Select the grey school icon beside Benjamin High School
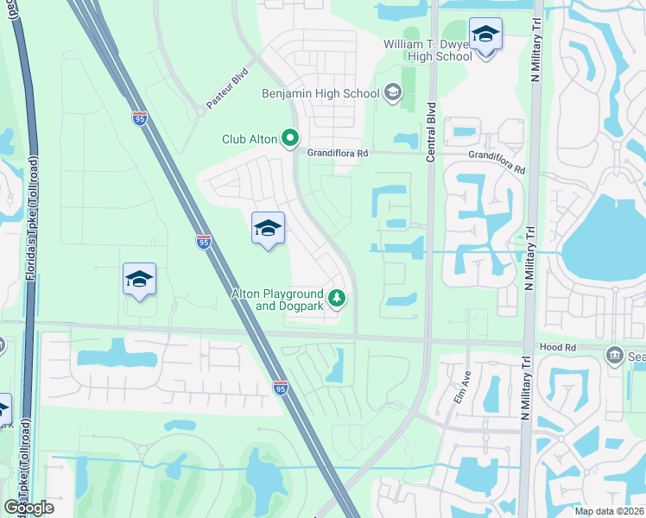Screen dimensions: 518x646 [x=393, y=92]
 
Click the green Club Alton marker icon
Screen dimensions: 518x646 [x=291, y=137]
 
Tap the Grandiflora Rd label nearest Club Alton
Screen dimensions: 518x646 [x=338, y=153]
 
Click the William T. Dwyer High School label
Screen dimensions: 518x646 [x=427, y=50]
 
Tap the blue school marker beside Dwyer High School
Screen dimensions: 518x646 [x=485, y=35]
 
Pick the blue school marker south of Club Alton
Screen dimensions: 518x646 [x=268, y=229]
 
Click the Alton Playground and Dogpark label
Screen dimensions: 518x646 [x=277, y=300]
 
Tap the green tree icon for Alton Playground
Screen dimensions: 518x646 [x=338, y=300]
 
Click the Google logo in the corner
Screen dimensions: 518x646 [x=28, y=508]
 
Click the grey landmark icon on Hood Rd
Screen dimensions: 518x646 [x=614, y=353]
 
